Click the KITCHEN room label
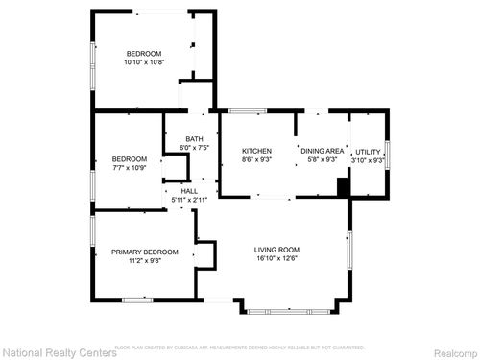256,151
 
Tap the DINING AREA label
322,151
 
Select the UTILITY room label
369,152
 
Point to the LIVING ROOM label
277,250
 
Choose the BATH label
194,139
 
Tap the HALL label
188,190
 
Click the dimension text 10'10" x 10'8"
143,62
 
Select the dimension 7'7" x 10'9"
129,168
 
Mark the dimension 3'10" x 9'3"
369,160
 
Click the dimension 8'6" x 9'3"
256,159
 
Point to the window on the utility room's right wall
387,154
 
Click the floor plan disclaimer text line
239,347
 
